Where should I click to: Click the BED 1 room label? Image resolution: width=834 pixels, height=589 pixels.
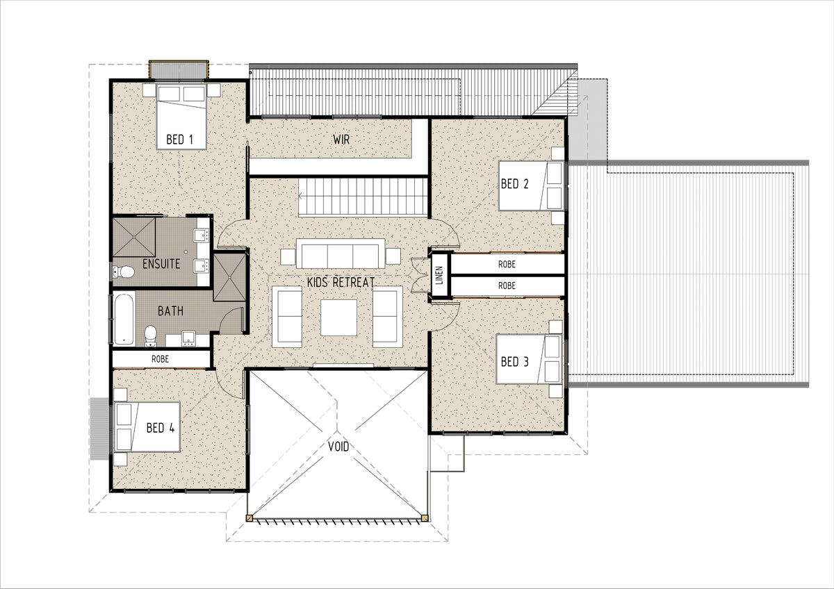(179, 140)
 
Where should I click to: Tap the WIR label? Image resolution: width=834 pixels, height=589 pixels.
(341, 140)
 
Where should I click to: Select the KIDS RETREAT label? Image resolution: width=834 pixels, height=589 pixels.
(341, 282)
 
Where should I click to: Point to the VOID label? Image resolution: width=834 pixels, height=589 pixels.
(338, 446)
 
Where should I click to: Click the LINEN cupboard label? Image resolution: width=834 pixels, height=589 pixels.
(439, 275)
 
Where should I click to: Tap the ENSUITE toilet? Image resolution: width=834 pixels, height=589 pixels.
(124, 272)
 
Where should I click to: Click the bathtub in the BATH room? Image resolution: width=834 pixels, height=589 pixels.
(124, 319)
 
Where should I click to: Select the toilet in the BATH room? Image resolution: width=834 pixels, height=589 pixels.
(150, 336)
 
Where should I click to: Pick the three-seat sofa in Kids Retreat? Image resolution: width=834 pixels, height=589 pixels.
(341, 254)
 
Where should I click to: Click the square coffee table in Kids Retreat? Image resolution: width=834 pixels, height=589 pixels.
(339, 317)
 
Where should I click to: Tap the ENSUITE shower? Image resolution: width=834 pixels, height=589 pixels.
(134, 237)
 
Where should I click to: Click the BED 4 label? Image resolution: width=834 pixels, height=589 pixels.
(161, 428)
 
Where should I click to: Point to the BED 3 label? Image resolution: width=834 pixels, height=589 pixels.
(514, 362)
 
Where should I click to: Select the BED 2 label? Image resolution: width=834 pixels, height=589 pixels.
(514, 184)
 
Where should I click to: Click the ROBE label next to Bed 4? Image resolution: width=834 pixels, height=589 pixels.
(160, 358)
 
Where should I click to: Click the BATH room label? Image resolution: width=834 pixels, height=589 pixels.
(170, 310)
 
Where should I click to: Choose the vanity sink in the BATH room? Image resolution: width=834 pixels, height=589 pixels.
(188, 338)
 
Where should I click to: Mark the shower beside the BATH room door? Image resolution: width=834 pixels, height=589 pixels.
(230, 277)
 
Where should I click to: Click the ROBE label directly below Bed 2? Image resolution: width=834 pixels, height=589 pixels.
(507, 264)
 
